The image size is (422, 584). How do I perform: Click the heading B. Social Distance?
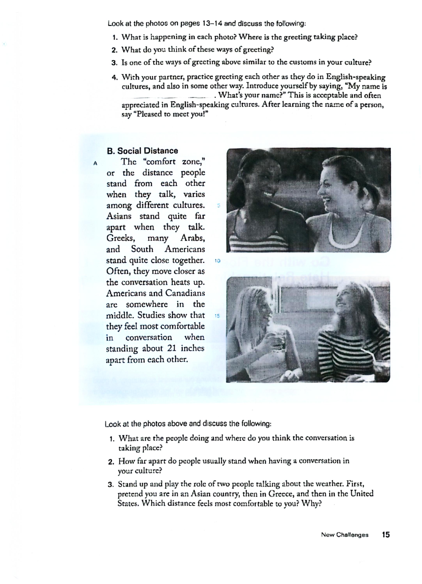coord(142,151)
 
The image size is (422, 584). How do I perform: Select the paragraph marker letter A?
coord(95,163)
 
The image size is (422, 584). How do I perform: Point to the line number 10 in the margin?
coord(217,261)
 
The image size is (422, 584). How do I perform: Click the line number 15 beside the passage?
coord(217,316)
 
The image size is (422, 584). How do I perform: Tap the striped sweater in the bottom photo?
coord(353,353)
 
